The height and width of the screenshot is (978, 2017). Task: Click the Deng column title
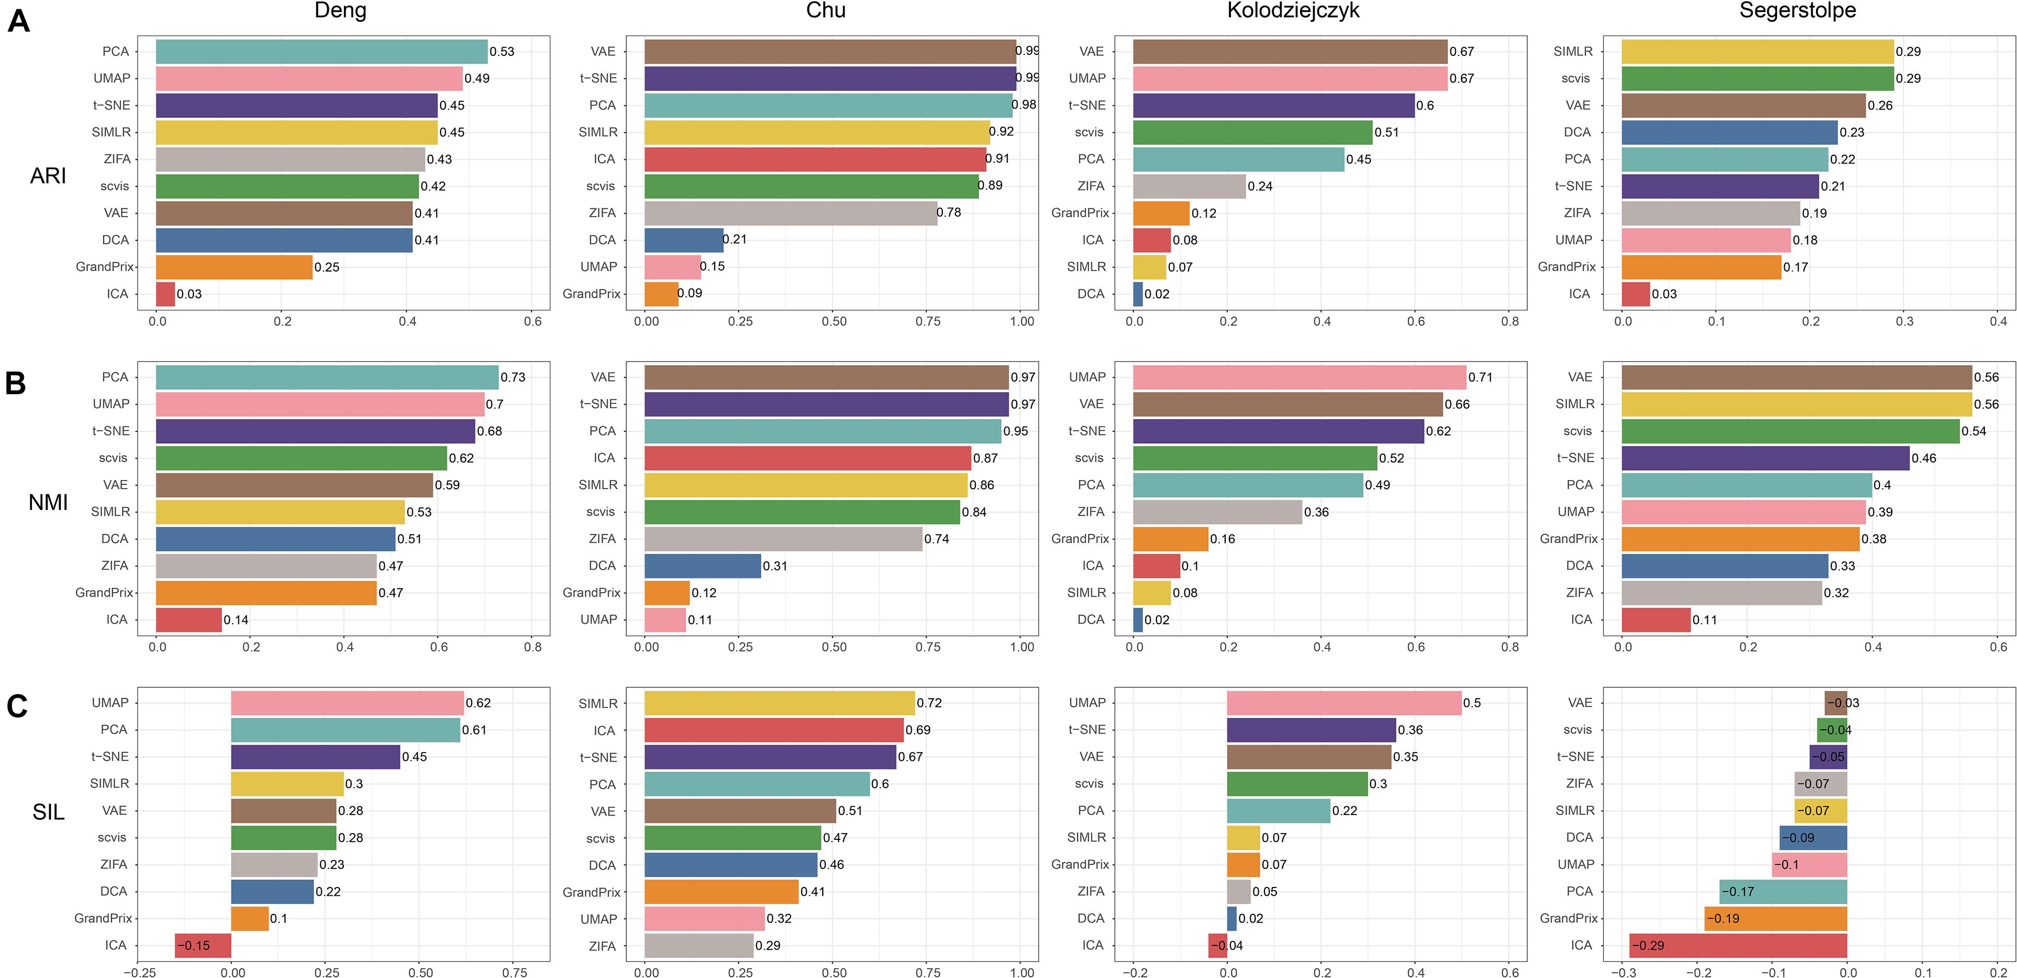point(340,11)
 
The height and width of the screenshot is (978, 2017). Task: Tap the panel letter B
point(16,384)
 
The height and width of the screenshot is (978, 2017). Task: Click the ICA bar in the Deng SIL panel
point(203,945)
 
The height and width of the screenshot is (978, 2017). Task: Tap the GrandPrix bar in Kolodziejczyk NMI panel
point(1170,539)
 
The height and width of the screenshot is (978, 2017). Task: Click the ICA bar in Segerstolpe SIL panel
point(1738,945)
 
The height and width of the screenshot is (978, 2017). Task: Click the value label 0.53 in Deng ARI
point(502,52)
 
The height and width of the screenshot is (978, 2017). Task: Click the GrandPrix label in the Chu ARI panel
point(591,294)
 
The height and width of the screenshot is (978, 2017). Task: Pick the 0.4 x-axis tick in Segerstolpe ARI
point(1998,321)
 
